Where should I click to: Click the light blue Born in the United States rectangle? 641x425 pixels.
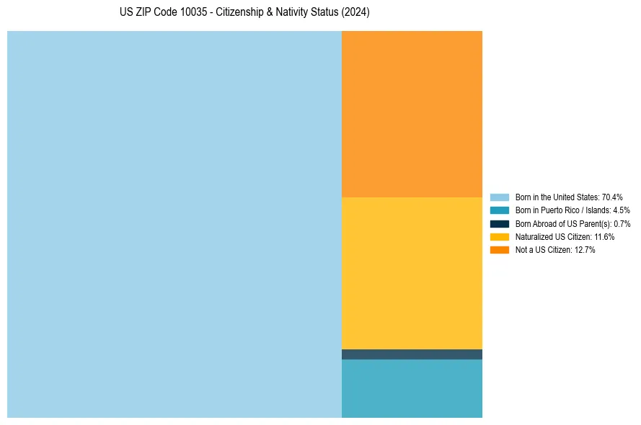[174, 224]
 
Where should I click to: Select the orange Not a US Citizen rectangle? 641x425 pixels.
[412, 114]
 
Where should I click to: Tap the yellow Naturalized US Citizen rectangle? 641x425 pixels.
[412, 273]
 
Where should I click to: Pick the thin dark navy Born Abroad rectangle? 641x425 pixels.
[412, 354]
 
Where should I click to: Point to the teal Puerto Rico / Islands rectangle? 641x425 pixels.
[412, 388]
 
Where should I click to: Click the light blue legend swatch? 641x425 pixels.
[499, 197]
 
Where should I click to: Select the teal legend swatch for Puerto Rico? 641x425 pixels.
[499, 210]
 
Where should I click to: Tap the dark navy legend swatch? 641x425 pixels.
[499, 223]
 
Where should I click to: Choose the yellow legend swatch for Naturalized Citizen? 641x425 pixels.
[499, 236]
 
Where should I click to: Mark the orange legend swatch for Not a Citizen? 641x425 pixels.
[499, 249]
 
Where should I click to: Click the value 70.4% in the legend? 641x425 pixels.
[612, 197]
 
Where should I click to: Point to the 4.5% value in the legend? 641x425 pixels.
[621, 210]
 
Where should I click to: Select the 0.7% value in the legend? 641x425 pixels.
[622, 223]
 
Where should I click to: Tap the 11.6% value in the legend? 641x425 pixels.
[604, 236]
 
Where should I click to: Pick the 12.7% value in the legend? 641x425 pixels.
[585, 249]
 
